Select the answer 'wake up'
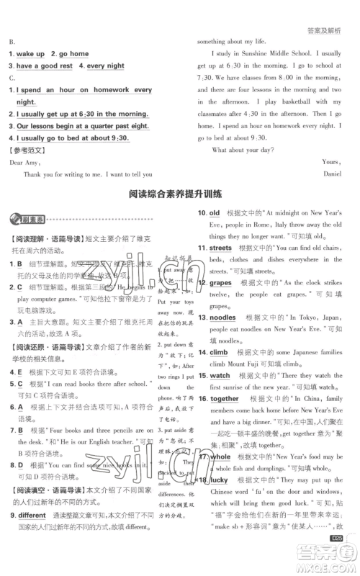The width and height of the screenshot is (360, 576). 30,54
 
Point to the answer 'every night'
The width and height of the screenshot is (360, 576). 105,66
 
